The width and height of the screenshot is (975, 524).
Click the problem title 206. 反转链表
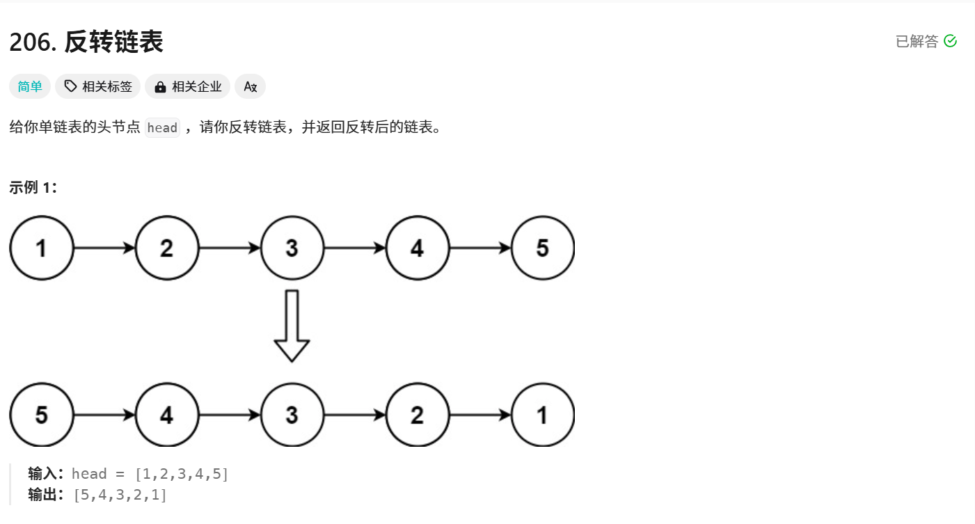(86, 42)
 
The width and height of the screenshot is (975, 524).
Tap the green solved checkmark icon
(950, 42)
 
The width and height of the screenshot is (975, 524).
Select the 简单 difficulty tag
(30, 86)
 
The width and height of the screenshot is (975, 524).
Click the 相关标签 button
(98, 86)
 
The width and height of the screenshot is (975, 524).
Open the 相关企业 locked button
(188, 86)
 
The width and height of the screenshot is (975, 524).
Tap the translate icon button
(250, 86)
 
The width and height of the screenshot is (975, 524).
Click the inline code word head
(162, 128)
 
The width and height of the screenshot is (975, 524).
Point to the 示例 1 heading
(33, 188)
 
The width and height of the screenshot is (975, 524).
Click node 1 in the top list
(42, 248)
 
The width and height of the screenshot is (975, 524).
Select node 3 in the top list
(292, 248)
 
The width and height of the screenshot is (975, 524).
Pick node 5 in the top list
(542, 248)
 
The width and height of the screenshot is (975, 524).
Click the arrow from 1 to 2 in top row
(104, 248)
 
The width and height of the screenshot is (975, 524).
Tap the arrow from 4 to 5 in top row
(480, 248)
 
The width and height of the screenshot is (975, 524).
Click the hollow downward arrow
(292, 326)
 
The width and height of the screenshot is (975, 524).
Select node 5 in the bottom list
(42, 415)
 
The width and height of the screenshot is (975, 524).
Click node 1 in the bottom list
(542, 415)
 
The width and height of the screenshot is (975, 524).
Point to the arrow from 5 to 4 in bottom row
(104, 415)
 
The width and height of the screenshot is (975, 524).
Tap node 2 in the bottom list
(417, 415)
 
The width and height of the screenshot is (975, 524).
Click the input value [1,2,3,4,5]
(182, 475)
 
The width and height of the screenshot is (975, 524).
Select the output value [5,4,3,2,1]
(120, 495)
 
